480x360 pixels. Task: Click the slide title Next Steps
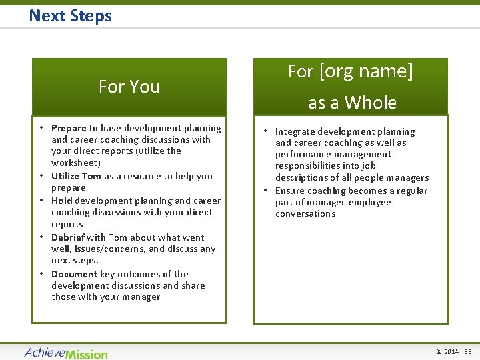click(x=70, y=15)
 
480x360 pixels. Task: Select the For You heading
click(x=129, y=87)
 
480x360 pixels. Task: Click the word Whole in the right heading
click(x=370, y=103)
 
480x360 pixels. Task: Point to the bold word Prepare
click(x=69, y=128)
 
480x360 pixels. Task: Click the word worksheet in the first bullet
click(x=75, y=163)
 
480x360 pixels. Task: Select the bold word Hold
click(x=61, y=201)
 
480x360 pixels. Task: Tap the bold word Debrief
click(x=67, y=237)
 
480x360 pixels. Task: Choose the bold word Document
click(x=74, y=274)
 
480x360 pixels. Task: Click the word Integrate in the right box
click(x=297, y=132)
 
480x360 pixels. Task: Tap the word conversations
click(x=305, y=213)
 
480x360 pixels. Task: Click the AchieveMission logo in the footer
click(x=66, y=352)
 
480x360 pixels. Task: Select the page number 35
click(x=467, y=351)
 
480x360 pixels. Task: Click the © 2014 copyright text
click(x=447, y=351)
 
